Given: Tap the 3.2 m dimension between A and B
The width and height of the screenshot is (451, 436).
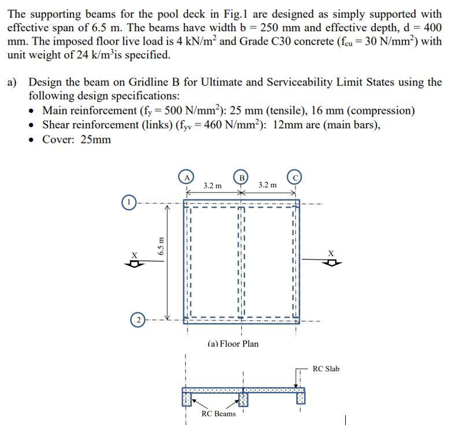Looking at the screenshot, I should pos(212,186).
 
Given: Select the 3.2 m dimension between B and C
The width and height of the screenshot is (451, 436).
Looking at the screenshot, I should pos(267,185).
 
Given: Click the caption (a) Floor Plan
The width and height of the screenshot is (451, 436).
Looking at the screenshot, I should pos(233,343).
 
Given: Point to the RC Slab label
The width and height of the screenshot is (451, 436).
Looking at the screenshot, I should pos(326,369).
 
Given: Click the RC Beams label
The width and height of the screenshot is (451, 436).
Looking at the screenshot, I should pos(218,413).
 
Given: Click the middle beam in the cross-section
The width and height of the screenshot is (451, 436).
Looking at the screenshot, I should pos(243,399).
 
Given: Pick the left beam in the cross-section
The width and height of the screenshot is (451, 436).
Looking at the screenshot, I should pos(187,398).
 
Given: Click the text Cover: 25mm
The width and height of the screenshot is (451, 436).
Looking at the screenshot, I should pos(76,139).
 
